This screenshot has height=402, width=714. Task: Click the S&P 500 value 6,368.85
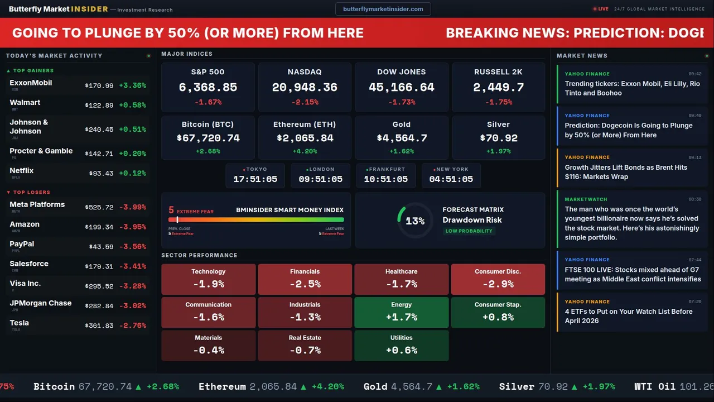(x=208, y=88)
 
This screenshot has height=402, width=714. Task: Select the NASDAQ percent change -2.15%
(x=305, y=102)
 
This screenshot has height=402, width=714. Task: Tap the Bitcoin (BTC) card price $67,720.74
(x=208, y=138)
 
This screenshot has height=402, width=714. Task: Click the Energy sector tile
(x=401, y=312)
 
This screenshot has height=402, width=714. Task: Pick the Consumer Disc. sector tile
(x=498, y=279)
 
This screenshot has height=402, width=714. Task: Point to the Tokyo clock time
(x=255, y=179)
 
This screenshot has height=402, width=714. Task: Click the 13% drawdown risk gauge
(x=414, y=221)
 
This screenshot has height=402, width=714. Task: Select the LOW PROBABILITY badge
(x=469, y=231)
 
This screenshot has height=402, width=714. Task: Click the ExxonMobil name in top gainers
(x=31, y=83)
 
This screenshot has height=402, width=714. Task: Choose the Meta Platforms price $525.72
(x=99, y=207)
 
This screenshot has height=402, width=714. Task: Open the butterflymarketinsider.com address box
(x=383, y=9)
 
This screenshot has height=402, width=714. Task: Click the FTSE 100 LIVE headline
(x=633, y=274)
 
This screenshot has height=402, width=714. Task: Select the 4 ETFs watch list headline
(x=628, y=316)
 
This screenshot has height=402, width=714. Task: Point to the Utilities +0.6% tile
(x=401, y=346)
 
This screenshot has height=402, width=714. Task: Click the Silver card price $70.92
(x=498, y=138)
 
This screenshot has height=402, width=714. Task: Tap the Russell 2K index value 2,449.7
(x=498, y=88)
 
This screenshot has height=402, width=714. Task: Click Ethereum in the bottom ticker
(x=222, y=386)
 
